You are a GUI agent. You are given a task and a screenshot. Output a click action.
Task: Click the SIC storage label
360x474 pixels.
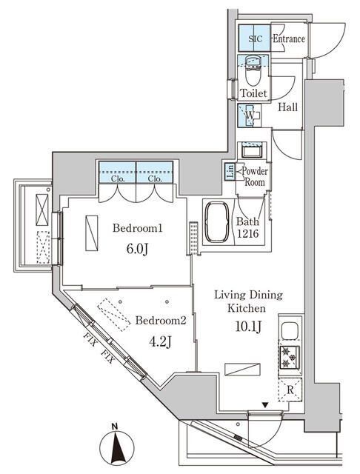pos(254,39)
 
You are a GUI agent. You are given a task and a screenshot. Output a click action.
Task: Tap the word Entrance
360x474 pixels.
pos(289,39)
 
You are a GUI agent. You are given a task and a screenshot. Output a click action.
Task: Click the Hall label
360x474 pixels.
pos(289,107)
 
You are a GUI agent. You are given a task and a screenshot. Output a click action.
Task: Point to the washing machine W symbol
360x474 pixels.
pos(250,116)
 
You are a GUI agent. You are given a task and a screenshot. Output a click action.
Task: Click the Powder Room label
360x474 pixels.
pos(253,176)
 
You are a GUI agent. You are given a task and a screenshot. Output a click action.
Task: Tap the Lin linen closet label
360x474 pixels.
pos(230,173)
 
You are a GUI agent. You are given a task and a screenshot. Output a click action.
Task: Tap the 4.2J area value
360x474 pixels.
pos(159,342)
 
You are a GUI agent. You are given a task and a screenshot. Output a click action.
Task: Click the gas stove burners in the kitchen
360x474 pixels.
pos(287,358)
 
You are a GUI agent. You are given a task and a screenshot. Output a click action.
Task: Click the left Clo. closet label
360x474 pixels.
pos(117,178)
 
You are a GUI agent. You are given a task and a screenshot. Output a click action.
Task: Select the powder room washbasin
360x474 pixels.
pos(253,152)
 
